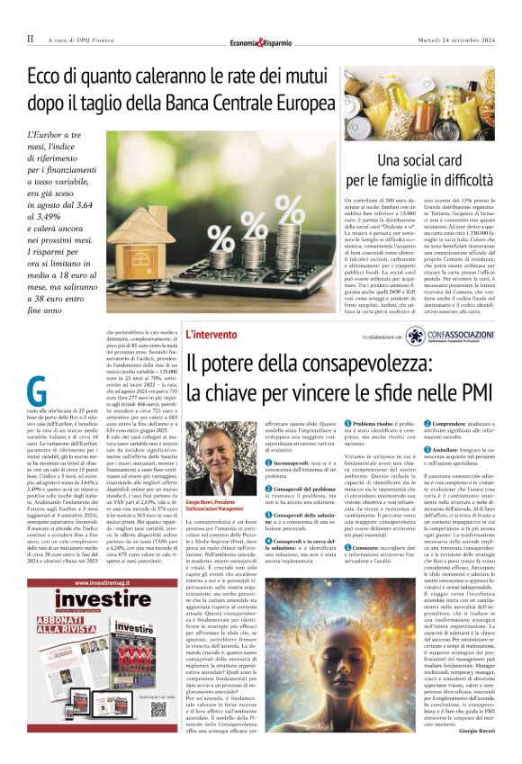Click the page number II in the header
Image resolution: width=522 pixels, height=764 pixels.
point(30,39)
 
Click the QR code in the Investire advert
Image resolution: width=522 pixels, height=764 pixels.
point(158,708)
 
